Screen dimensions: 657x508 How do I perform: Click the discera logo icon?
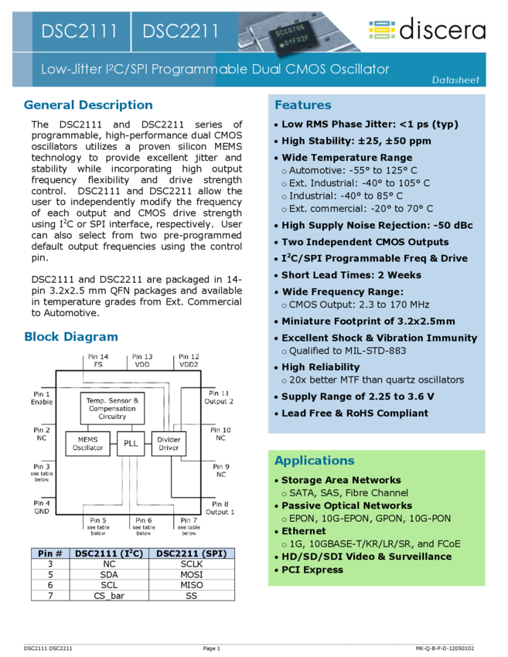click(382, 29)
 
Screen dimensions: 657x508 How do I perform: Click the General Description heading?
click(88, 105)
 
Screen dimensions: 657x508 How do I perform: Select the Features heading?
click(302, 105)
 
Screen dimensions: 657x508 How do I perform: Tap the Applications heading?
click(314, 461)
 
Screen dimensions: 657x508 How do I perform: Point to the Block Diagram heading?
click(71, 336)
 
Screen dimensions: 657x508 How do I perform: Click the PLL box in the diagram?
click(130, 443)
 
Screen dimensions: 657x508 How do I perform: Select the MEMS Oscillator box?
click(88, 443)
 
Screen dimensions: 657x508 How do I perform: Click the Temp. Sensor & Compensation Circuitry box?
click(112, 408)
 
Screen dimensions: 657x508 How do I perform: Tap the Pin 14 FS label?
click(98, 360)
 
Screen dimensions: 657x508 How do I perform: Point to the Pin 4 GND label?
click(42, 507)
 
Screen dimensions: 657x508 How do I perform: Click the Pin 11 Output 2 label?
click(219, 397)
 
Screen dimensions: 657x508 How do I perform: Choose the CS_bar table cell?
click(109, 595)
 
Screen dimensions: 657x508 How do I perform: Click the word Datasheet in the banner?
click(455, 80)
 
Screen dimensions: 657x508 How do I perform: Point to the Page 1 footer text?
click(211, 648)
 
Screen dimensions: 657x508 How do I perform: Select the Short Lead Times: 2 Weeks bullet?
click(351, 275)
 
